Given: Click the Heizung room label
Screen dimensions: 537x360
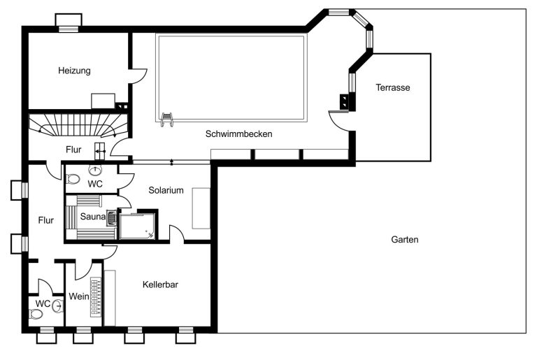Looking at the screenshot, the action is (x=74, y=71).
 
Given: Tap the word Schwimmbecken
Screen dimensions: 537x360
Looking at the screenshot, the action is (x=238, y=134).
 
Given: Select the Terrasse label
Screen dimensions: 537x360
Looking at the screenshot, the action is (x=393, y=87).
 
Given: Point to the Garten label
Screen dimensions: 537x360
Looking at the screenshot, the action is (x=405, y=239).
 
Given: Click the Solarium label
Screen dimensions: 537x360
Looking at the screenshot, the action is (x=166, y=190).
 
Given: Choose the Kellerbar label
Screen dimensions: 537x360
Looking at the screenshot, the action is (x=160, y=285).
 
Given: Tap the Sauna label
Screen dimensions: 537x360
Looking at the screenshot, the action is (x=93, y=217).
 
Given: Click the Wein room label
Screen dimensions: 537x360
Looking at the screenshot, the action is (x=79, y=296).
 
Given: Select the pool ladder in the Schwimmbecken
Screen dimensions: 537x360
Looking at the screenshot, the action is (x=166, y=120).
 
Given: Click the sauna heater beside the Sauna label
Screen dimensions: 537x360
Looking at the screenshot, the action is (x=112, y=218).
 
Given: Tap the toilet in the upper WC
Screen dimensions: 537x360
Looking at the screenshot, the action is (x=73, y=179).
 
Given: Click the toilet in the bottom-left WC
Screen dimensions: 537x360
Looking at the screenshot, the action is (x=36, y=314).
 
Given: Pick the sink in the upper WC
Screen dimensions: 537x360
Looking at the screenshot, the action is (x=95, y=170).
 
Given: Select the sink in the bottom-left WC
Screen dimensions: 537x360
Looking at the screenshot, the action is (x=58, y=305).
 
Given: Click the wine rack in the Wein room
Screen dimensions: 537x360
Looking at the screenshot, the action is (x=96, y=297).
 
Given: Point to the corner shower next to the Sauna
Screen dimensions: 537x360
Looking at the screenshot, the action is (x=137, y=226).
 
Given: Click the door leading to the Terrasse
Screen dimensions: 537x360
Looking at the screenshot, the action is (x=339, y=121).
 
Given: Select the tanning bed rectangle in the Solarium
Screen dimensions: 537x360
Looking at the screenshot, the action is (x=201, y=208).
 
